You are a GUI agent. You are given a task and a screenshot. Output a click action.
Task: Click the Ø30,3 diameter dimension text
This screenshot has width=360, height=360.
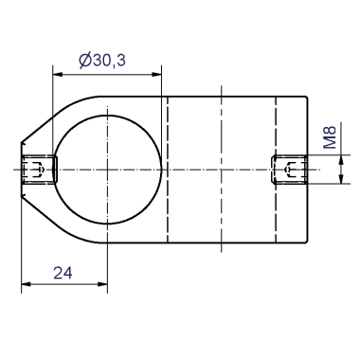click(102, 60)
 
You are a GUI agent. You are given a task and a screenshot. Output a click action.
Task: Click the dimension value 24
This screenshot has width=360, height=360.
click(63, 273)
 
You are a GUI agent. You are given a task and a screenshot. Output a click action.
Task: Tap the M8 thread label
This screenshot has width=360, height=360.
click(331, 137)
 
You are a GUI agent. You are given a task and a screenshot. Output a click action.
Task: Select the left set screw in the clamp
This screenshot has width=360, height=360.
click(39, 170)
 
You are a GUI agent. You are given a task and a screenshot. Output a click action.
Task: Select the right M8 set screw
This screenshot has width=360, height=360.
click(290, 170)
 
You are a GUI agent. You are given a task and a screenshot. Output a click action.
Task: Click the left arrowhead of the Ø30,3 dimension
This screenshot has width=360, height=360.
click(58, 75)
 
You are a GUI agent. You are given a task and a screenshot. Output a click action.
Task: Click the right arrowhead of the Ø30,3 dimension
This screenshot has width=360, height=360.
click(156, 75)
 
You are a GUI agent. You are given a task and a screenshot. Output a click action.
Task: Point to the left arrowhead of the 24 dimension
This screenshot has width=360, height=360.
click(27, 284)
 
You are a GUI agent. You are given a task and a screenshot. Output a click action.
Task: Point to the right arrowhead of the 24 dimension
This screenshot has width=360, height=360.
click(102, 284)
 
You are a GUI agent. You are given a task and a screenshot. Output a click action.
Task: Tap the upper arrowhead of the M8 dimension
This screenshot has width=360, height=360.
click(341, 160)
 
